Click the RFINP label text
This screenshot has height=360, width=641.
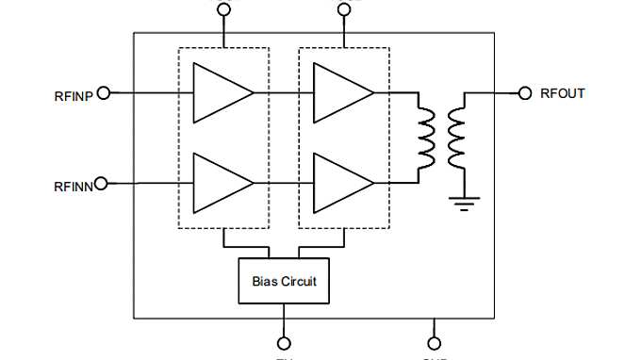pyautogui.click(x=73, y=95)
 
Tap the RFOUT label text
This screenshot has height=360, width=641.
pyautogui.click(x=563, y=93)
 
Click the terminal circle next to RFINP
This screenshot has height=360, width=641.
pyautogui.click(x=104, y=93)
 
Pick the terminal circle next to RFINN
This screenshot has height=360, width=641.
pyautogui.click(x=102, y=183)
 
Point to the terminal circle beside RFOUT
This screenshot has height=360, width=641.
pyautogui.click(x=526, y=92)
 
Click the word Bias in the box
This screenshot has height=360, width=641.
pyautogui.click(x=265, y=281)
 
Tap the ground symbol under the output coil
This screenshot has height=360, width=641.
pyautogui.click(x=463, y=202)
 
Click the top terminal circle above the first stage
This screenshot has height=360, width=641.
pyautogui.click(x=223, y=10)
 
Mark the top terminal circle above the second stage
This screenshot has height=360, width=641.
pyautogui.click(x=344, y=10)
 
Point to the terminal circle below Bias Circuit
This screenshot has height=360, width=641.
pyautogui.click(x=283, y=344)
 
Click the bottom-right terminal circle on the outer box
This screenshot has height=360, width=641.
pyautogui.click(x=435, y=344)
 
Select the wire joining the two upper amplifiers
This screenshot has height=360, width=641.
pyautogui.click(x=284, y=93)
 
